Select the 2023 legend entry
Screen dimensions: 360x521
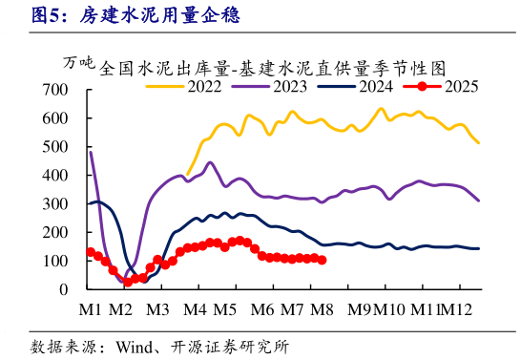click(288, 87)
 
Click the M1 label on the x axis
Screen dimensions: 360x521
click(91, 309)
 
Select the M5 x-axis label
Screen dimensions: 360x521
click(225, 309)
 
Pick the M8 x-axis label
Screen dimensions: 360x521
click(323, 309)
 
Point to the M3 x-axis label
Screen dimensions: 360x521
click(157, 309)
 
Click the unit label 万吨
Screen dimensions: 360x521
click(80, 63)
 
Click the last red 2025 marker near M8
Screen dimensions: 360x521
click(322, 260)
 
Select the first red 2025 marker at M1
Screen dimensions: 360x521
click(91, 252)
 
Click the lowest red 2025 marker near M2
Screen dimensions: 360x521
click(128, 282)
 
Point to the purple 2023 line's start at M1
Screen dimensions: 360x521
click(91, 152)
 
